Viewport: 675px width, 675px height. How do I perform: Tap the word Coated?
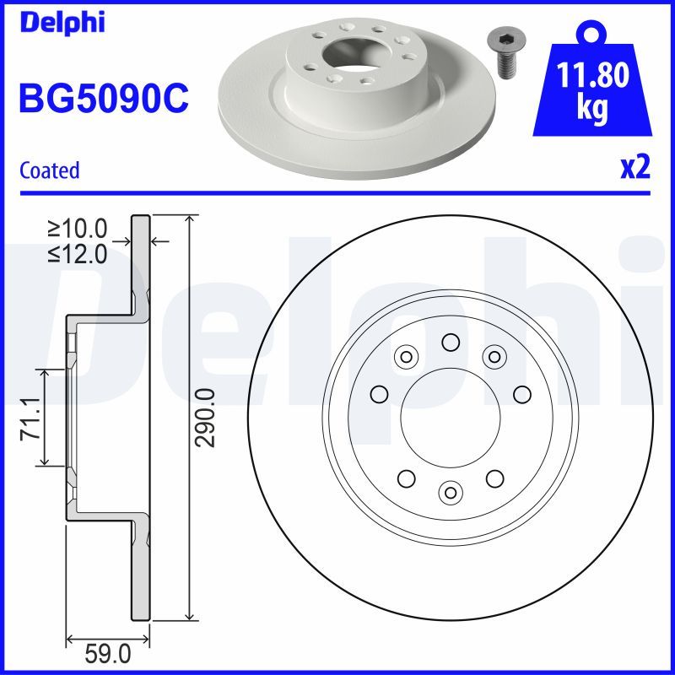[49, 170]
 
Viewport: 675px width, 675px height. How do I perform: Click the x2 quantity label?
[634, 168]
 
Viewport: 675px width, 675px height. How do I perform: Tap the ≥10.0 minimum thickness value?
[78, 229]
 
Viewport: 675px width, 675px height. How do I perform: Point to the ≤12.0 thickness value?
[78, 253]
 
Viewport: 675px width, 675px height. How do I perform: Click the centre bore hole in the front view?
[450, 418]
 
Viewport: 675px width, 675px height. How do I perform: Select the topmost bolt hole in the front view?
[450, 342]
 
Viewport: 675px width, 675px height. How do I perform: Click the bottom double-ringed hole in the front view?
[451, 490]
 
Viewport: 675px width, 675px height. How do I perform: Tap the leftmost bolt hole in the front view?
[379, 393]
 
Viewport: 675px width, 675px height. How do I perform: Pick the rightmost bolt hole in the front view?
[521, 393]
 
